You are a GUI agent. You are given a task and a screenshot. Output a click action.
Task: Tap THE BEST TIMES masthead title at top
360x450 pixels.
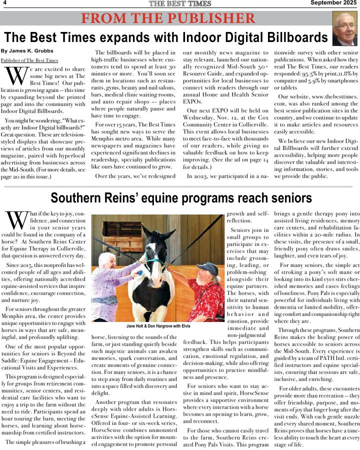180,4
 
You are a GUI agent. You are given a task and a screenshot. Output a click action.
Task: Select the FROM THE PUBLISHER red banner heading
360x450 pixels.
168,19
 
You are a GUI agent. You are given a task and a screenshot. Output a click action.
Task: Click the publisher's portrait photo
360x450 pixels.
344,28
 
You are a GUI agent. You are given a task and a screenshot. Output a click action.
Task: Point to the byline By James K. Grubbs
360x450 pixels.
27,51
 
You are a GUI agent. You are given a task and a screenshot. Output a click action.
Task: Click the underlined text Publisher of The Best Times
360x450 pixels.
29,60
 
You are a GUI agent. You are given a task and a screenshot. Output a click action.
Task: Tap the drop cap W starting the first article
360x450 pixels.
15,75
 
